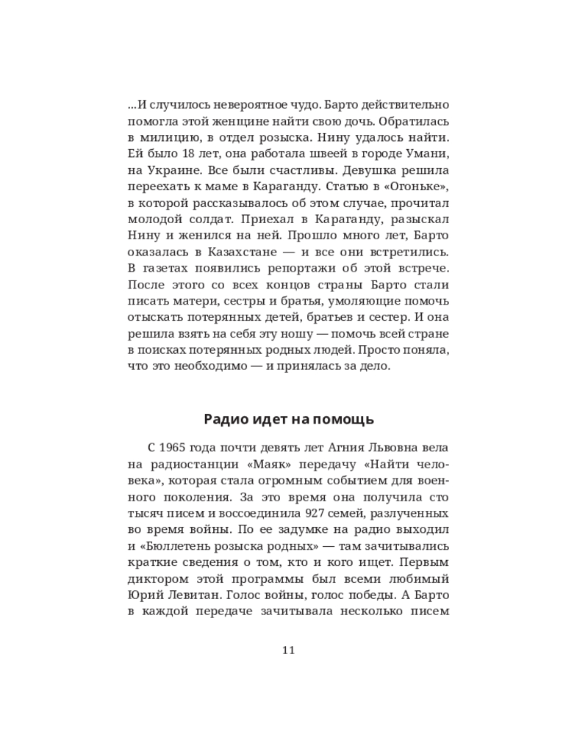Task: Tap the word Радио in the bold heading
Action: pyautogui.click(x=223, y=419)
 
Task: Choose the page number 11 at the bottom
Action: pyautogui.click(x=288, y=650)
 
